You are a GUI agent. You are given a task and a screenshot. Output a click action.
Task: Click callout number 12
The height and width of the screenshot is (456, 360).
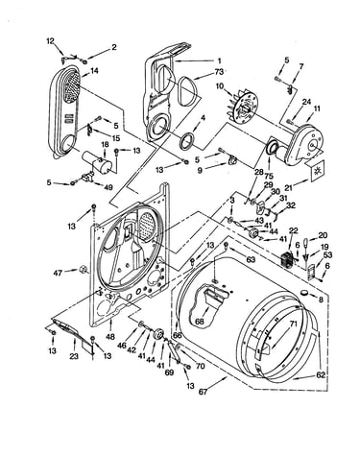click(x=50, y=41)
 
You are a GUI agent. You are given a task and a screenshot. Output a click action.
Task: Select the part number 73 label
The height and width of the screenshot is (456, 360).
click(x=219, y=72)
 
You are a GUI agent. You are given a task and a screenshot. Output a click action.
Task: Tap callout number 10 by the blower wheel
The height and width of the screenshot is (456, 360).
click(x=220, y=86)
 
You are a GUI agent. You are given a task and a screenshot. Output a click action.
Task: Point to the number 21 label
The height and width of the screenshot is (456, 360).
click(x=289, y=187)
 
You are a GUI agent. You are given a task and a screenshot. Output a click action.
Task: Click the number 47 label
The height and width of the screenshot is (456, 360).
click(x=58, y=273)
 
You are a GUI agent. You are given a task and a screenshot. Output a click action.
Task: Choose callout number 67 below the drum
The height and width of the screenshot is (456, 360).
click(x=203, y=392)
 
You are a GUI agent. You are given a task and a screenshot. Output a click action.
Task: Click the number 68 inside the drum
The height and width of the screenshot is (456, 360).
click(x=200, y=322)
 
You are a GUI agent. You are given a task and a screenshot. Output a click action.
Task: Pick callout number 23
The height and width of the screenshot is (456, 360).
click(x=74, y=356)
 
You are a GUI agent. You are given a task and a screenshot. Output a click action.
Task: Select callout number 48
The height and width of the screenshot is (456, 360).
click(x=110, y=337)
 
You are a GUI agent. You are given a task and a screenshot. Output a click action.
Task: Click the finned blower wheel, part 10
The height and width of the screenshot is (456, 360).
click(x=242, y=107)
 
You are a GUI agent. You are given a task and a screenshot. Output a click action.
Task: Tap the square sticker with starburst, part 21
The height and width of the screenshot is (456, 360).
click(x=318, y=170)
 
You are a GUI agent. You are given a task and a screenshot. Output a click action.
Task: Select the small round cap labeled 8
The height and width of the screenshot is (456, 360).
click(x=304, y=293)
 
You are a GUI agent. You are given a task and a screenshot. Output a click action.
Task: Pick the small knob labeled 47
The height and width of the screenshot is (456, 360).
click(x=83, y=270)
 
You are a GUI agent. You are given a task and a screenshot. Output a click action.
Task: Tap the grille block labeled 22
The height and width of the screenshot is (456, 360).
click(x=286, y=258)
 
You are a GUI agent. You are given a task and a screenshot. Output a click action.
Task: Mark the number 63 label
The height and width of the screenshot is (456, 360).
click(x=251, y=259)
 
